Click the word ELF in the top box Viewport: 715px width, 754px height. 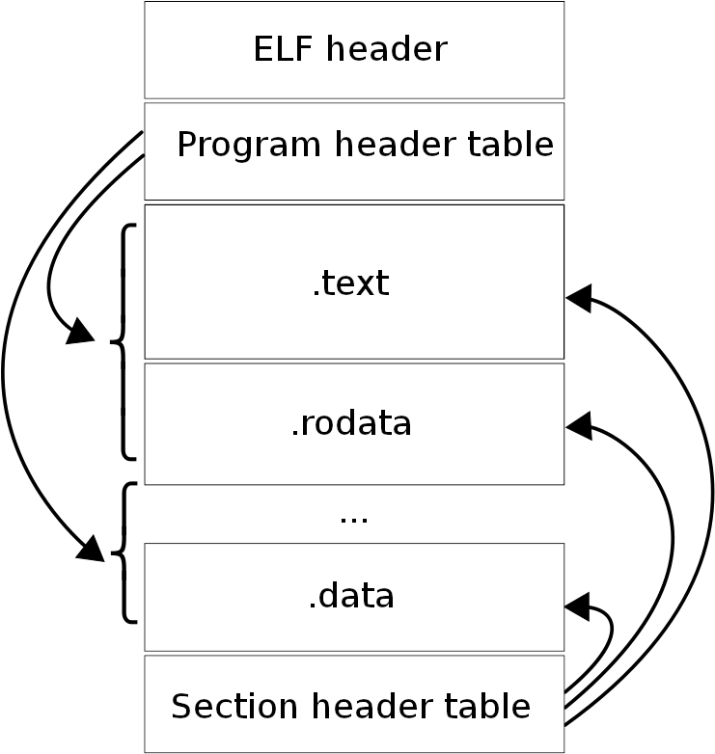coord(282,48)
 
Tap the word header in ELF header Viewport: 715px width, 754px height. coord(387,48)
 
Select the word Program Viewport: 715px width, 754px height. coord(249,145)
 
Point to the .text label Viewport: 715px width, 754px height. coord(351,283)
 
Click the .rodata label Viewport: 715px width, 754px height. coord(351,423)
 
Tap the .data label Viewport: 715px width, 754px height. coord(351,596)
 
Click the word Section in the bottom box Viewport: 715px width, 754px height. coord(234,706)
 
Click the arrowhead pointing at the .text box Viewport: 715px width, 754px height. coord(579,298)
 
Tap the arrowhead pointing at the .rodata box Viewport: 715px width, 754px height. coord(579,425)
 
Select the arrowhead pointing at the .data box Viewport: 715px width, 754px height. coord(577,606)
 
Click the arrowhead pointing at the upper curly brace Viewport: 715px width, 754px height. coord(81,332)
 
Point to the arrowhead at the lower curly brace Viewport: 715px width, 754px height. coord(92,550)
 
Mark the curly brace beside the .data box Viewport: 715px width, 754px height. coord(125,553)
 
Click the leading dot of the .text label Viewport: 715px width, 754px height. coord(316,292)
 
